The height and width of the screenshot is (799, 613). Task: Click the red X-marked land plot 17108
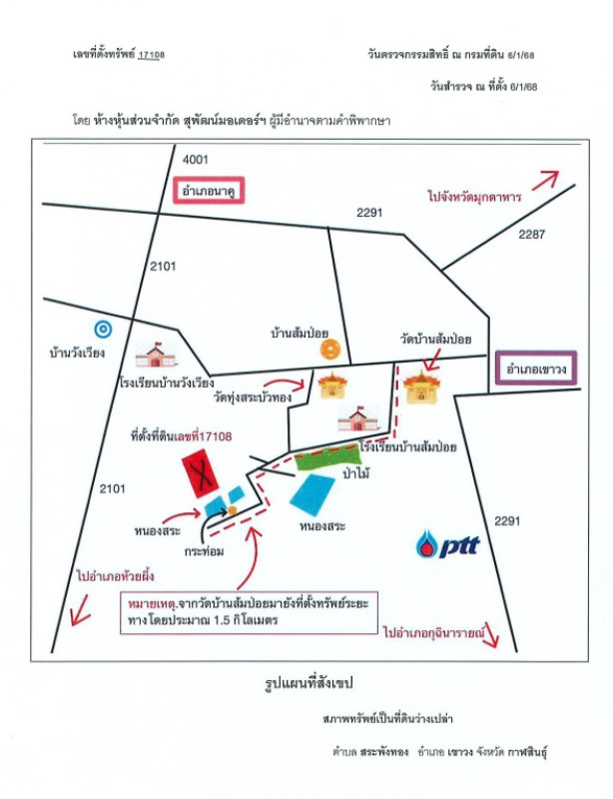coord(201,472)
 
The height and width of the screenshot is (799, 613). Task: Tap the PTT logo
coord(448,544)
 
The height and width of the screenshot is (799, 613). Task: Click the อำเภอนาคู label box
coord(209,191)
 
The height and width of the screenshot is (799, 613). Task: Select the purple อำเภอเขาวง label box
coord(536,368)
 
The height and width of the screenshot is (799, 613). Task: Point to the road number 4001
coord(196,160)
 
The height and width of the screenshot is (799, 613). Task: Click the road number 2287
coord(531,235)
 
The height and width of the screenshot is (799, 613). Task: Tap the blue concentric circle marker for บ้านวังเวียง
coord(104,330)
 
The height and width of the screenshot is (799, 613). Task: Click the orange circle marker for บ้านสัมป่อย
coord(330,349)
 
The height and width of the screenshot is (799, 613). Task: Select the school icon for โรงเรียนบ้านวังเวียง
coord(156,356)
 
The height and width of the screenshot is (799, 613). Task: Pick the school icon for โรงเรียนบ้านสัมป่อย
coord(358,419)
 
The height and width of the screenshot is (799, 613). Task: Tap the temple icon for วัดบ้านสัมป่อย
coord(421,388)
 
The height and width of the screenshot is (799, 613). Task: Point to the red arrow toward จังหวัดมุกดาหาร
coord(545,181)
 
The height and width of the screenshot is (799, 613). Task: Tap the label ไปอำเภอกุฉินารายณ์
coord(432,633)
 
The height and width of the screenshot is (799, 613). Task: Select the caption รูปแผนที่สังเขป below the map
coord(308,683)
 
